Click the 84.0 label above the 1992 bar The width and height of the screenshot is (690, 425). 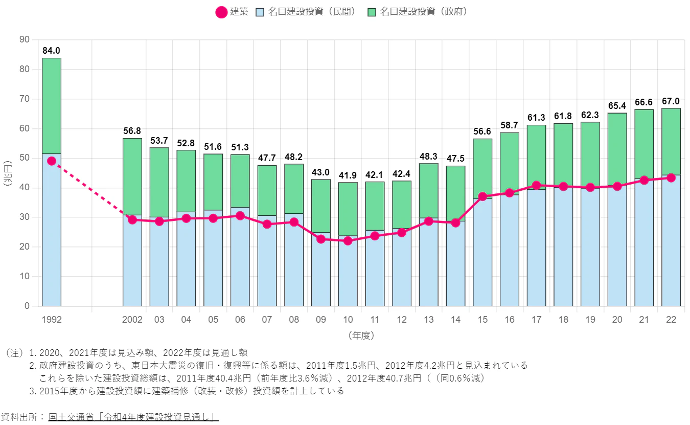(x=52, y=51)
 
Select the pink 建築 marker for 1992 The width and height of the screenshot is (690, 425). (x=52, y=161)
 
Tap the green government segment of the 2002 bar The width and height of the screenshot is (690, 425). (x=132, y=176)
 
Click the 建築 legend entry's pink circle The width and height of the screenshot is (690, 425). (x=221, y=12)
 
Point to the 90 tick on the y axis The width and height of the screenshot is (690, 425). (x=25, y=40)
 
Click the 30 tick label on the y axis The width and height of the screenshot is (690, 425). (x=25, y=217)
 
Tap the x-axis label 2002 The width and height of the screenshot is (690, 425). (x=132, y=320)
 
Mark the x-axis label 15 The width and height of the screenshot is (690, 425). (x=482, y=320)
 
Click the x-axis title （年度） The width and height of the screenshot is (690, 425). (x=361, y=336)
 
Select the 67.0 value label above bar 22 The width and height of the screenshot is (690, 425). (x=671, y=101)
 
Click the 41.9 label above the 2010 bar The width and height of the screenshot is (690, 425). (x=348, y=175)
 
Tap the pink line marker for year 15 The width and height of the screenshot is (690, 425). (x=482, y=196)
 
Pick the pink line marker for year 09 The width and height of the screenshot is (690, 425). (x=321, y=239)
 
